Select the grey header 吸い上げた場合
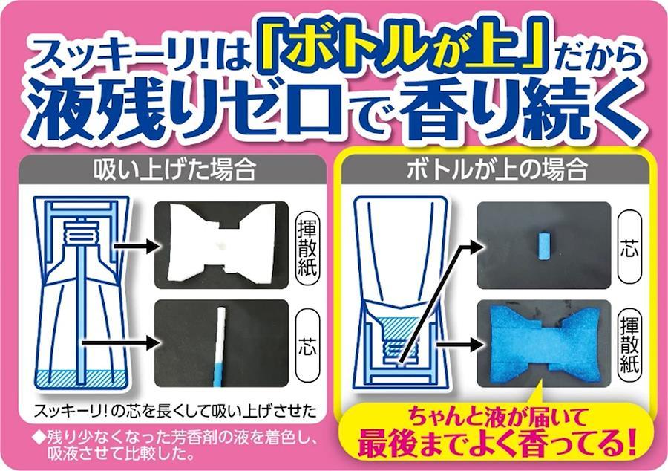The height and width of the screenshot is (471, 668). [x=174, y=169]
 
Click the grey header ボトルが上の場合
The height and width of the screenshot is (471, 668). [x=497, y=169]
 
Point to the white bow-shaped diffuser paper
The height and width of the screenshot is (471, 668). [x=221, y=244]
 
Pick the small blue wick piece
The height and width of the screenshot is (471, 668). [x=544, y=246]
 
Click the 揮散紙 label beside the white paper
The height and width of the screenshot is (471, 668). [x=307, y=248]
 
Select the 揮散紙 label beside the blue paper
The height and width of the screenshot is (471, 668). [x=629, y=345]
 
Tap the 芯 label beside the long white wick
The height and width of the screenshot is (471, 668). [x=307, y=345]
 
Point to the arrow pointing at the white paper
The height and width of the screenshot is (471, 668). [x=136, y=246]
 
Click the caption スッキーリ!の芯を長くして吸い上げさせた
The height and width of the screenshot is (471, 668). [x=175, y=410]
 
